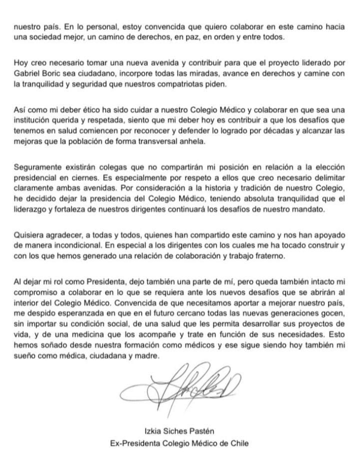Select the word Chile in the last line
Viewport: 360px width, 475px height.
coord(238,442)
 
